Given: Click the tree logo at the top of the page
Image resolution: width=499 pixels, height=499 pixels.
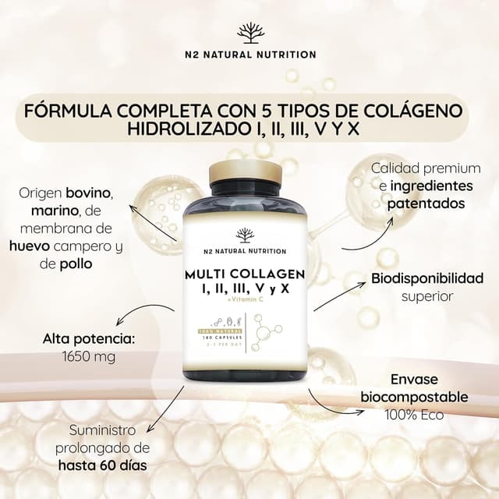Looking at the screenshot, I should (249, 33).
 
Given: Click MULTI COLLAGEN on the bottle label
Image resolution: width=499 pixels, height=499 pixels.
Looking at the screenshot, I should (245, 275).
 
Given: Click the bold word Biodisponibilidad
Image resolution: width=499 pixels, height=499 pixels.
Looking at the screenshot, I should (427, 278).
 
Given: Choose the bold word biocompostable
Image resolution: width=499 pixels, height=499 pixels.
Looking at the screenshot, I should (414, 397).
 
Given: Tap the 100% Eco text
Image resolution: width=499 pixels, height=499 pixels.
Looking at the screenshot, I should (414, 415).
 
